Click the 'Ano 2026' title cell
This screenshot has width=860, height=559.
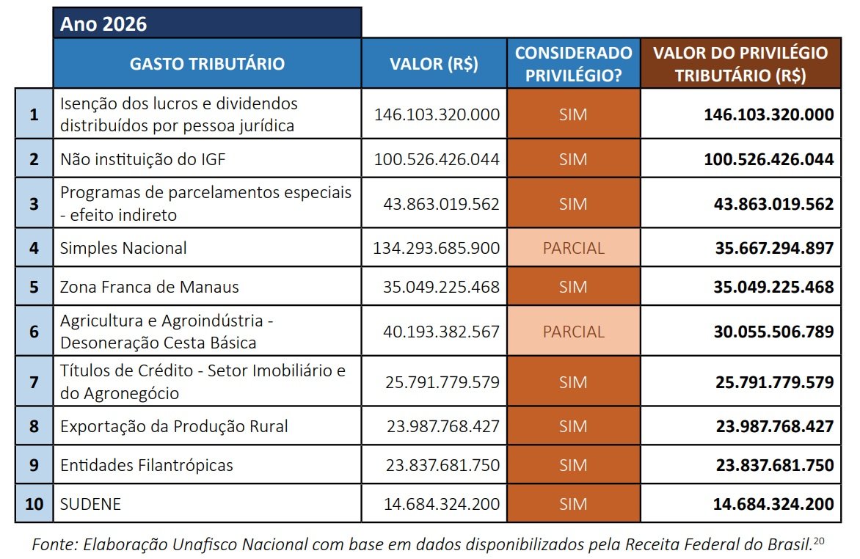(x=206, y=23)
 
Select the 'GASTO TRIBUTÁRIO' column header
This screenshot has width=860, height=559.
(x=206, y=64)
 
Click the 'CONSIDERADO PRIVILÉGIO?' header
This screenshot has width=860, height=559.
(x=573, y=64)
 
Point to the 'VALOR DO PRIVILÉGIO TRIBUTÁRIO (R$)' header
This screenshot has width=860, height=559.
(x=740, y=64)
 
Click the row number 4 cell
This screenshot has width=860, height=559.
(x=34, y=248)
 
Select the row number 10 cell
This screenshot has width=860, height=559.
(x=34, y=504)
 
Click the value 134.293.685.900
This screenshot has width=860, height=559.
(x=437, y=248)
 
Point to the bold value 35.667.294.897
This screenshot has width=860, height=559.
(x=774, y=248)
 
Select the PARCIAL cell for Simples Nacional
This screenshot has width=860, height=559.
(x=573, y=248)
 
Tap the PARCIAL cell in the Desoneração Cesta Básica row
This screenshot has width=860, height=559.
(x=573, y=332)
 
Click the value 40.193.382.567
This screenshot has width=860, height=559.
(x=441, y=332)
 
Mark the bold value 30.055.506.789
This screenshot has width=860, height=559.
(x=774, y=332)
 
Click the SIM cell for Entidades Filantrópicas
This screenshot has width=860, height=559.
(x=573, y=465)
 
